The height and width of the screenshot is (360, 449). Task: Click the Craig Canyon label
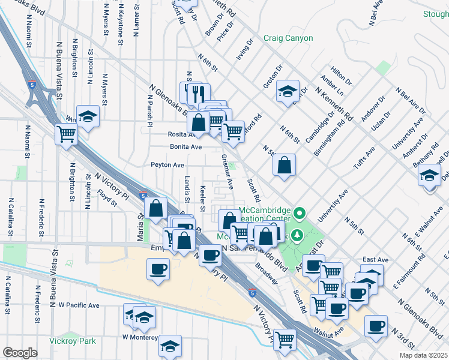coord(288,38)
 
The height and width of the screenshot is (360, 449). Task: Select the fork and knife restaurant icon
coord(199,94)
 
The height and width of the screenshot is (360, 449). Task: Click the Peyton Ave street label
coord(167,164)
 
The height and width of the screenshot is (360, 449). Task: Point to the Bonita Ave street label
coord(185,146)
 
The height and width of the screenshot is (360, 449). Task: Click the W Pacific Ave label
coord(78,305)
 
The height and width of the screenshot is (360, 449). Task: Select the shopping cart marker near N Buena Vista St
coord(66,134)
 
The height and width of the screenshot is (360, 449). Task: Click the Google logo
coord(20,353)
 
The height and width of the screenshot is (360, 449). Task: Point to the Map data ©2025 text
coord(423,355)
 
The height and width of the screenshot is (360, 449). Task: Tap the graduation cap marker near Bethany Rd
coord(430,176)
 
